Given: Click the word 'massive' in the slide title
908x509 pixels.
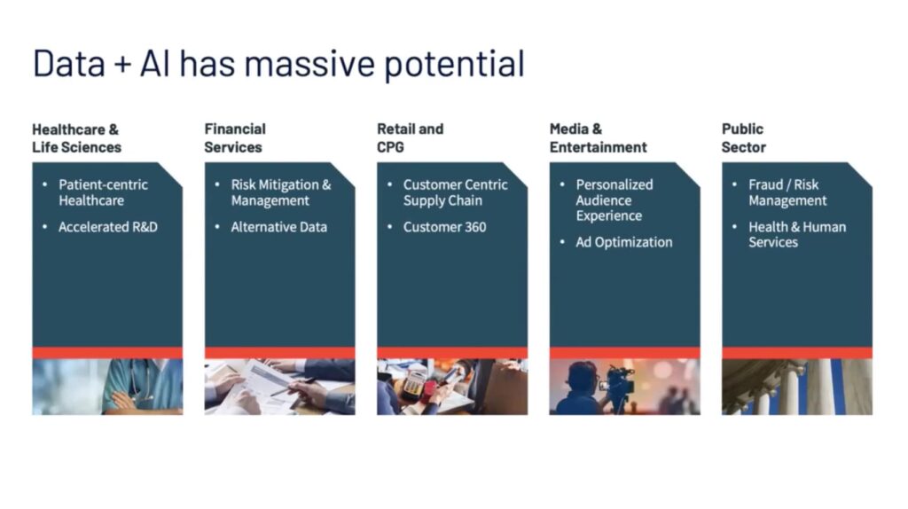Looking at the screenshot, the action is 309,63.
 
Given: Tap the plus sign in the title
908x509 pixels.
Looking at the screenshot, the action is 122,64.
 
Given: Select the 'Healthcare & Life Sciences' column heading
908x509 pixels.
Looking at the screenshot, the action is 76,137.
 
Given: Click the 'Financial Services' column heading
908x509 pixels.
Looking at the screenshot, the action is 234,137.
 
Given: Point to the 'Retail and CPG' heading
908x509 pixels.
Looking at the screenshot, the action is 410,137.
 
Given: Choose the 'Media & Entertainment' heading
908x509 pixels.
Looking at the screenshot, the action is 598,137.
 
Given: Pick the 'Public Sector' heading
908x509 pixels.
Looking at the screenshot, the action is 744,137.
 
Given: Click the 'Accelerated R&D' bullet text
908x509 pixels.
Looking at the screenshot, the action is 107,227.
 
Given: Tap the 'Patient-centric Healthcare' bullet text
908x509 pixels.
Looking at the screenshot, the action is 103,192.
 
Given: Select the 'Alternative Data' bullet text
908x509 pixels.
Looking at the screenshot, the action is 278,227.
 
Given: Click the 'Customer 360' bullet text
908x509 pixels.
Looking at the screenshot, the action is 445,227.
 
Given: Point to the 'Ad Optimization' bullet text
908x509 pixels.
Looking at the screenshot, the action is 623,242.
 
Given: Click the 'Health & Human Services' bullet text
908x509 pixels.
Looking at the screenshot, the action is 797,234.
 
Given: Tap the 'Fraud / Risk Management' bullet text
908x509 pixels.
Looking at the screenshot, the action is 787,192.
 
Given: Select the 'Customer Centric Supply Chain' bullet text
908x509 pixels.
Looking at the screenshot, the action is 455,192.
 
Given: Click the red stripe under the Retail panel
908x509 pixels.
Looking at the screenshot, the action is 452,353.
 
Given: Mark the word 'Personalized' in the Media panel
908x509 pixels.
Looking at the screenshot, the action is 614,184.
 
